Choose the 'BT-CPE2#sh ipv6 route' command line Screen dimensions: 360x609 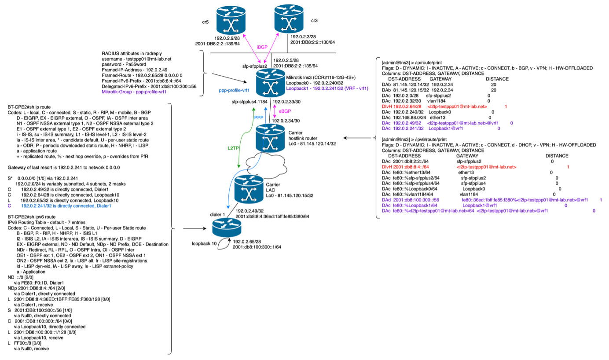[32, 217]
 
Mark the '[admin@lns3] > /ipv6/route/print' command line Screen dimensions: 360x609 [414, 138]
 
